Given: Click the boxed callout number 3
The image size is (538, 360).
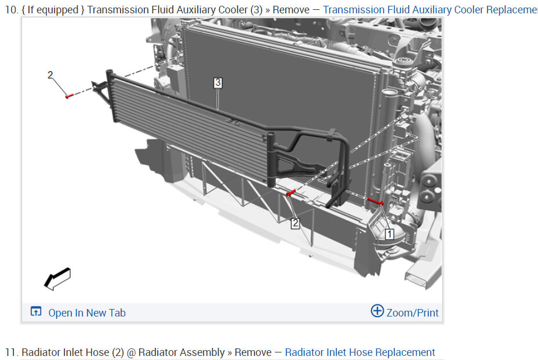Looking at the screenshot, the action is (218, 83).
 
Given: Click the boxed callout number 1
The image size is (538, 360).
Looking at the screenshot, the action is (389, 234).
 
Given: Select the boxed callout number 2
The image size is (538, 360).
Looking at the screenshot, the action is (295, 223).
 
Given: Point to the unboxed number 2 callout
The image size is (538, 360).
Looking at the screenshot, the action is (50, 75).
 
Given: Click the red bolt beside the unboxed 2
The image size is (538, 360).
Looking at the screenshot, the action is (70, 96).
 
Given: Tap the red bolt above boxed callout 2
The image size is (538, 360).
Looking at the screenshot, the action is (290, 193).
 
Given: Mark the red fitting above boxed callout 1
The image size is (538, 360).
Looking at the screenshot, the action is (375, 201).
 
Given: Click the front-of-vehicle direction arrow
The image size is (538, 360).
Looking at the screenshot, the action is (57, 279).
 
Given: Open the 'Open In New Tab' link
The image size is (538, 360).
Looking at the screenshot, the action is (87, 312).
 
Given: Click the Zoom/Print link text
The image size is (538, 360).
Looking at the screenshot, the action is (412, 312).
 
